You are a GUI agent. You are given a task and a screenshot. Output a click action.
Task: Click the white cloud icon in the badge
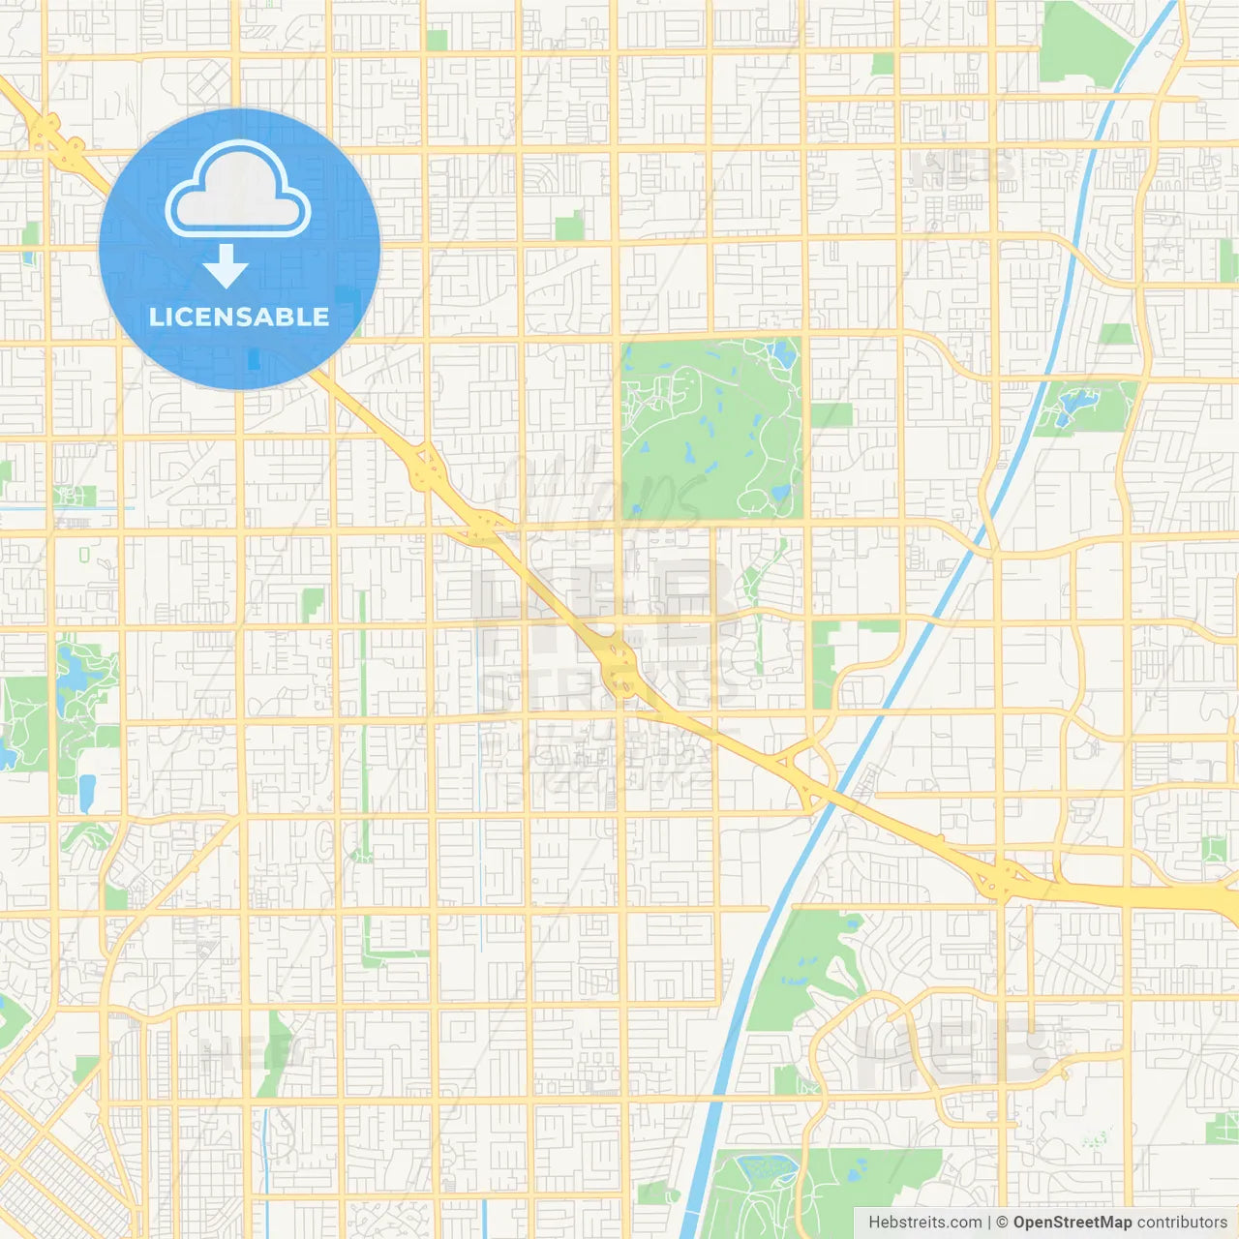click(238, 191)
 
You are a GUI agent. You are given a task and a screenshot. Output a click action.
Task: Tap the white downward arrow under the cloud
click(226, 266)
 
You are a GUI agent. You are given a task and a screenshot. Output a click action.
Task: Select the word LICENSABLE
click(239, 317)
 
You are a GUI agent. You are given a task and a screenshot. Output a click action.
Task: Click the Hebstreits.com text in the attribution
click(924, 1223)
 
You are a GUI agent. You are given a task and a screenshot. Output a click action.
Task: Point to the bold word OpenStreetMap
click(1073, 1223)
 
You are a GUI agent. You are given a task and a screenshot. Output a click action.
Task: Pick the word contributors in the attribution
click(1182, 1223)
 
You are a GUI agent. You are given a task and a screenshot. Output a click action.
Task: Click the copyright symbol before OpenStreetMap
click(1003, 1223)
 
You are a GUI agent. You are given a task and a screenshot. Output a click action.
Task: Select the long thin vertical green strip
click(364, 726)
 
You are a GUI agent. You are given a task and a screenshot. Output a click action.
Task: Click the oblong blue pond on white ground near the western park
click(87, 793)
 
